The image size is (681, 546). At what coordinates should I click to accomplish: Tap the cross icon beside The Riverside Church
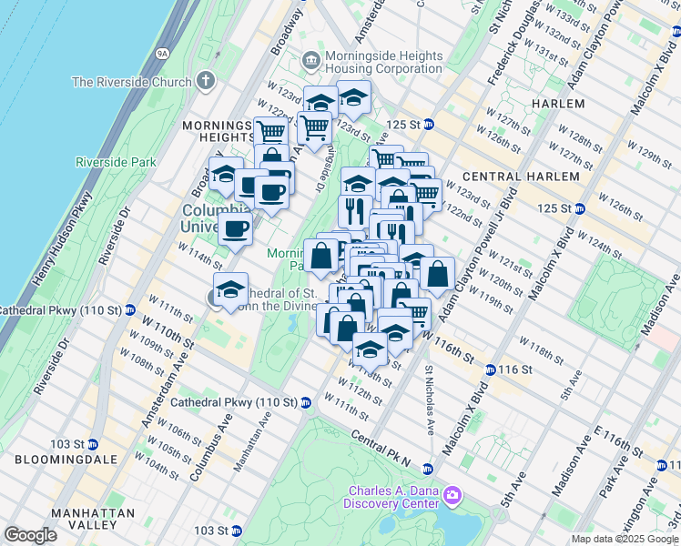[206, 81]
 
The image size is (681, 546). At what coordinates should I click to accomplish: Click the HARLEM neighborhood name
[557, 104]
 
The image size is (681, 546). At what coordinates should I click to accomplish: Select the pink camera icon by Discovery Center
[453, 496]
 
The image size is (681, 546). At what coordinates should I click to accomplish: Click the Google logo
[30, 534]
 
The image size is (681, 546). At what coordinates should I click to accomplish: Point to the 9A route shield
[163, 54]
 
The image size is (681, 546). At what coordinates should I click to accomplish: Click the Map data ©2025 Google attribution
[624, 539]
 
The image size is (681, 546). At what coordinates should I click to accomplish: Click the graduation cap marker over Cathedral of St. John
[231, 288]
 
